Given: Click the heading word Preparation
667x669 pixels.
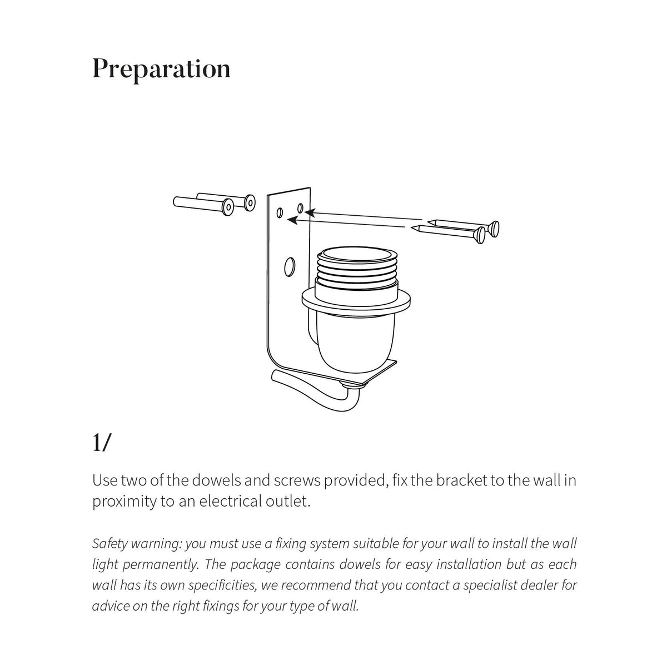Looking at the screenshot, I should (161, 70).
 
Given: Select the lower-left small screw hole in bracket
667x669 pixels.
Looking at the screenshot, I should (280, 213).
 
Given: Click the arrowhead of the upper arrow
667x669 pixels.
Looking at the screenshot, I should (307, 212).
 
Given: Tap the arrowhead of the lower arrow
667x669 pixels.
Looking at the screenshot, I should (290, 220).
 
